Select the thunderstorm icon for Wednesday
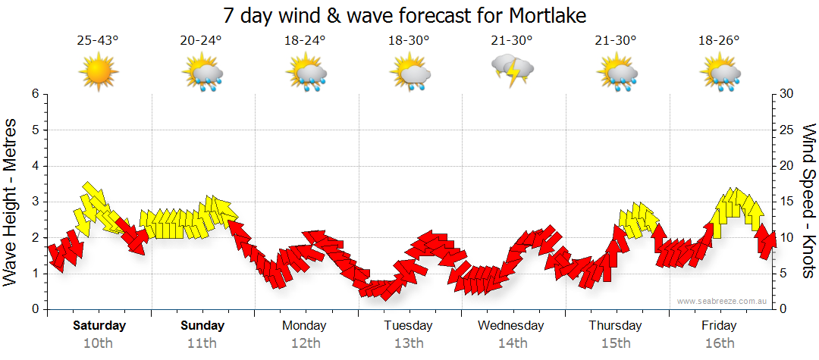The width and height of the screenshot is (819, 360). [513, 70]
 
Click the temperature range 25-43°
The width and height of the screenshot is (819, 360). [98, 41]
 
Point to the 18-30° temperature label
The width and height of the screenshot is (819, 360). [409, 41]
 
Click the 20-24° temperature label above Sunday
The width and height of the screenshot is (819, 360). [202, 41]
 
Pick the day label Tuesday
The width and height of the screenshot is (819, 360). [408, 326]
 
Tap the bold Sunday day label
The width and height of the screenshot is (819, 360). [202, 326]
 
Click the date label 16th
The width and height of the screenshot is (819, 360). [719, 343]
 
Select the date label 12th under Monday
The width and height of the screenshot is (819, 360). [304, 343]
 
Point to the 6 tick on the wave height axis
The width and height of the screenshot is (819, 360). [35, 94]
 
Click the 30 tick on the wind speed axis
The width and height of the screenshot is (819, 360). [786, 94]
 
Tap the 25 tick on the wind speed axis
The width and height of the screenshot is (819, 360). [786, 130]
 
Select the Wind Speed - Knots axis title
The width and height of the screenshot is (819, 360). [808, 201]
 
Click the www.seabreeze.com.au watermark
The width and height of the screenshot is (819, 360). [723, 301]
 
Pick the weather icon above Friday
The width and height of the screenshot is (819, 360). [720, 74]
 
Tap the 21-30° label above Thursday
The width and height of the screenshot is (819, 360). [616, 41]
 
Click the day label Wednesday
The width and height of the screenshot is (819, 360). [511, 326]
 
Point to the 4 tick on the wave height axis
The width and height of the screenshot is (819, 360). [35, 166]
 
